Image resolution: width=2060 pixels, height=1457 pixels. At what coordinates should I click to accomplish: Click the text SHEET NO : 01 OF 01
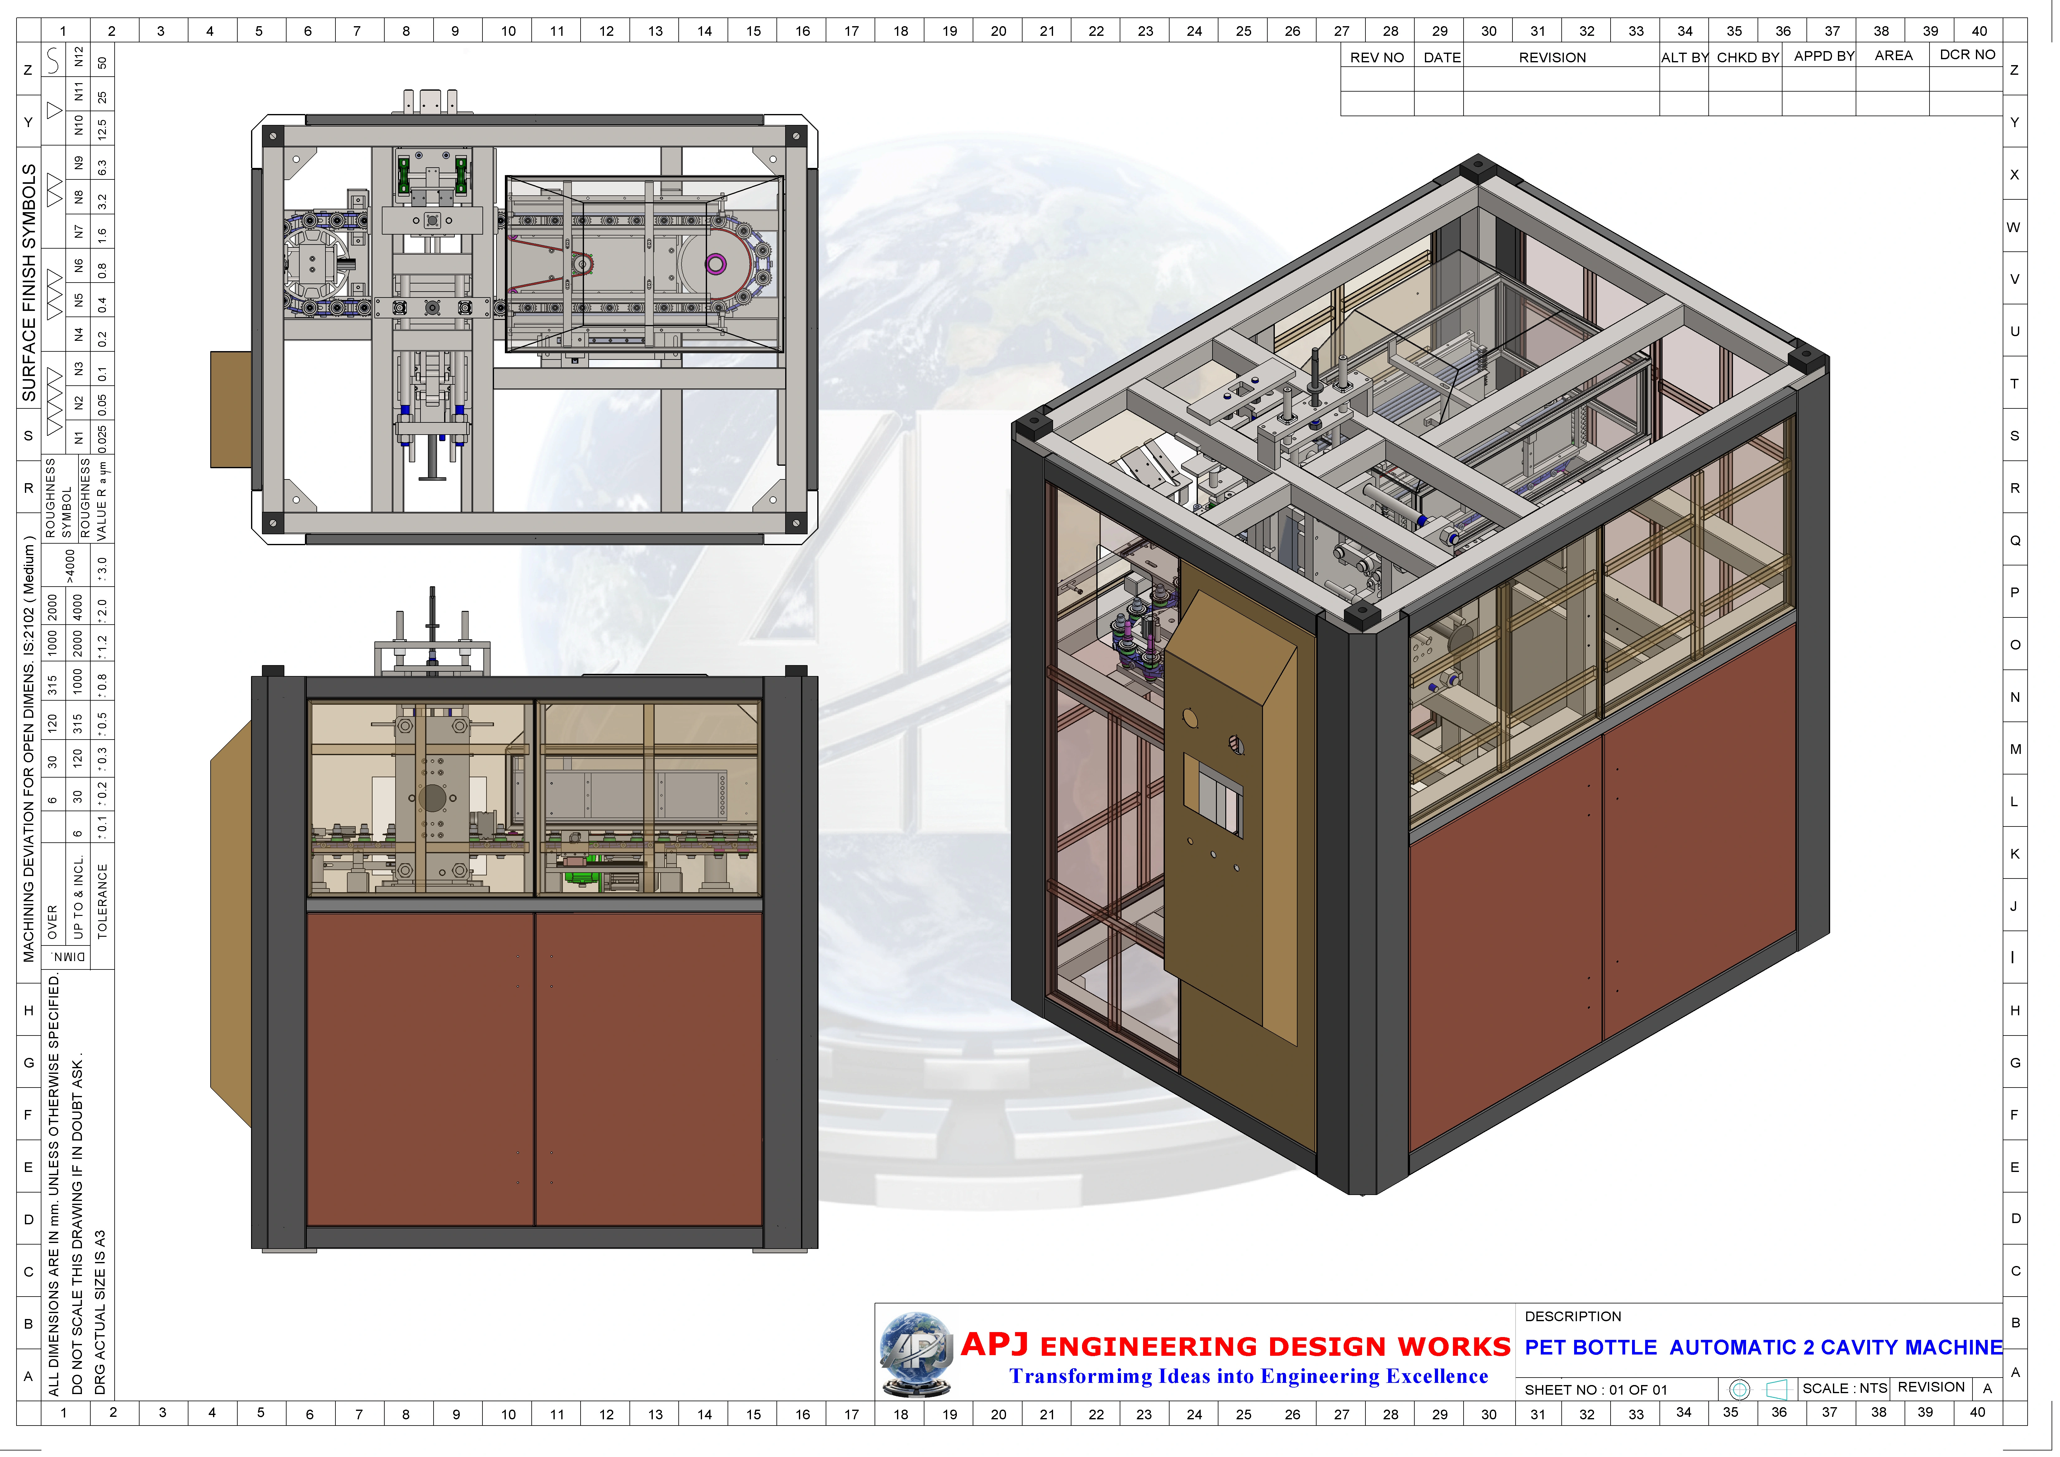[x=1595, y=1390]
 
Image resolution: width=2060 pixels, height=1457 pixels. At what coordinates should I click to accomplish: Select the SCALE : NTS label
[x=1844, y=1388]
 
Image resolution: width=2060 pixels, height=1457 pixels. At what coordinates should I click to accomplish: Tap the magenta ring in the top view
[x=715, y=264]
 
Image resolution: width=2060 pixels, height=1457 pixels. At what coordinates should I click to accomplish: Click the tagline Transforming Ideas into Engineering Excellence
[x=1248, y=1376]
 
